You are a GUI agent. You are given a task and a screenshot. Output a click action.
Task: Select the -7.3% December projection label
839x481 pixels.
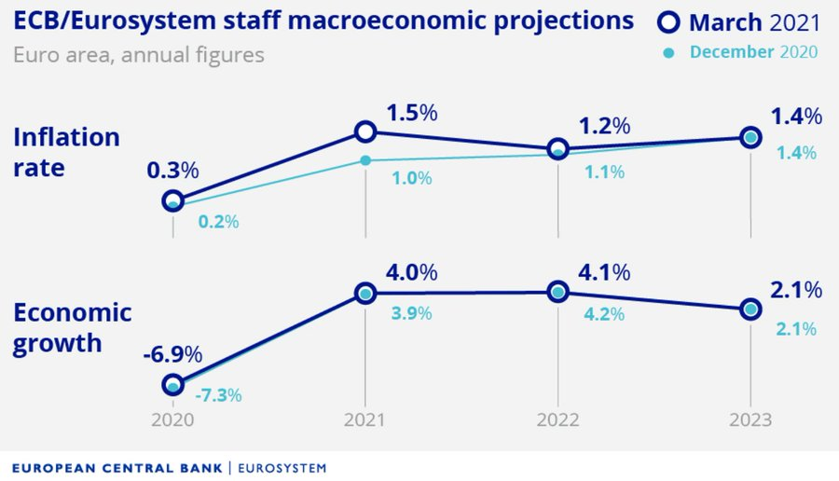(x=218, y=395)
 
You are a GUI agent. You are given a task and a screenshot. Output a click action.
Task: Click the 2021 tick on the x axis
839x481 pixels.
(x=365, y=419)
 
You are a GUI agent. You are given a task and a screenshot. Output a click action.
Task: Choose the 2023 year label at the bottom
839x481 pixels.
(x=750, y=419)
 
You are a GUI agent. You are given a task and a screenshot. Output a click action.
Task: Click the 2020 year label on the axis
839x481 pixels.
(x=172, y=419)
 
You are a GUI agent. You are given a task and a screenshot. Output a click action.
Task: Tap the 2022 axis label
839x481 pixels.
(x=557, y=419)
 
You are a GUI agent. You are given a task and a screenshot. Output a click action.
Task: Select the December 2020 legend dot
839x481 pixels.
(x=668, y=52)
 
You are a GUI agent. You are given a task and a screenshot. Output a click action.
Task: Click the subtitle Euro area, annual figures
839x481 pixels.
(x=139, y=55)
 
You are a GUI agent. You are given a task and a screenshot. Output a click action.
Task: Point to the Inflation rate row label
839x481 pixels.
(x=66, y=153)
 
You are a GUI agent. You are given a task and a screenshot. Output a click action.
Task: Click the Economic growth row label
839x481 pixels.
(x=72, y=327)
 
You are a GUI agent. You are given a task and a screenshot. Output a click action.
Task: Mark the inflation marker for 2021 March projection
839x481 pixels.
(x=365, y=132)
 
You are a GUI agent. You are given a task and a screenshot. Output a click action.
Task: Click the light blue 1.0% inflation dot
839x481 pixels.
(x=365, y=160)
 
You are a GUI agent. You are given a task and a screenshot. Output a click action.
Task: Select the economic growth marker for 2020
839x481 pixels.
(x=172, y=384)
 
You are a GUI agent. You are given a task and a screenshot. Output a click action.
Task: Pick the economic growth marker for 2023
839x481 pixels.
(x=750, y=309)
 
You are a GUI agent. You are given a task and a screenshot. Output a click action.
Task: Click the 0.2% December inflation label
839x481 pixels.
(x=219, y=222)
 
